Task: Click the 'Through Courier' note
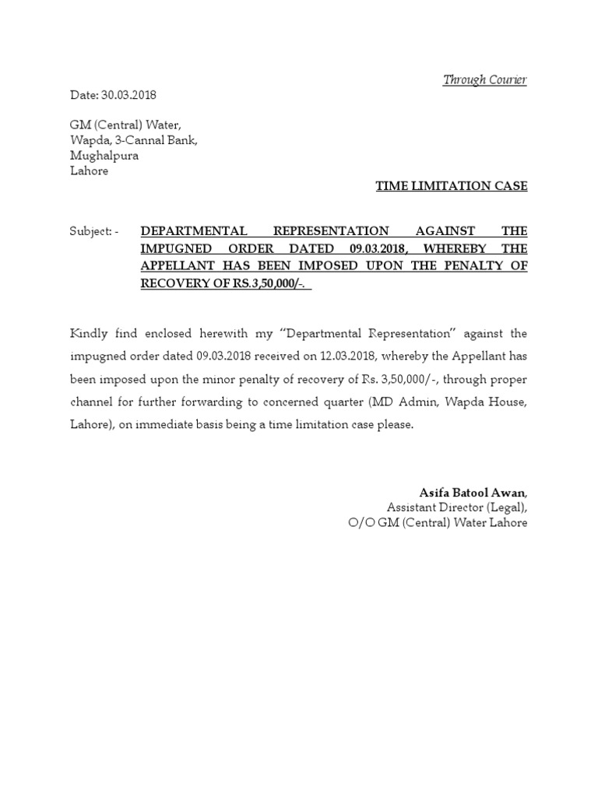484,80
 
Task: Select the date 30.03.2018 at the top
128,95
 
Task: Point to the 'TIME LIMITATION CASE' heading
452,186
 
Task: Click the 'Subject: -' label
94,231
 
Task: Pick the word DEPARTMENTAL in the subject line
192,231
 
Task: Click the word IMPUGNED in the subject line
172,248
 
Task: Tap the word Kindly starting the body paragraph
89,333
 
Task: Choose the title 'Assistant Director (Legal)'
456,507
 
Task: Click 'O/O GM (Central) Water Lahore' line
438,523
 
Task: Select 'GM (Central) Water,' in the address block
125,125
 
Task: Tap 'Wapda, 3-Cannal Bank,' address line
134,140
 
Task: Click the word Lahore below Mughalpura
90,171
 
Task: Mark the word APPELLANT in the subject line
181,265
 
